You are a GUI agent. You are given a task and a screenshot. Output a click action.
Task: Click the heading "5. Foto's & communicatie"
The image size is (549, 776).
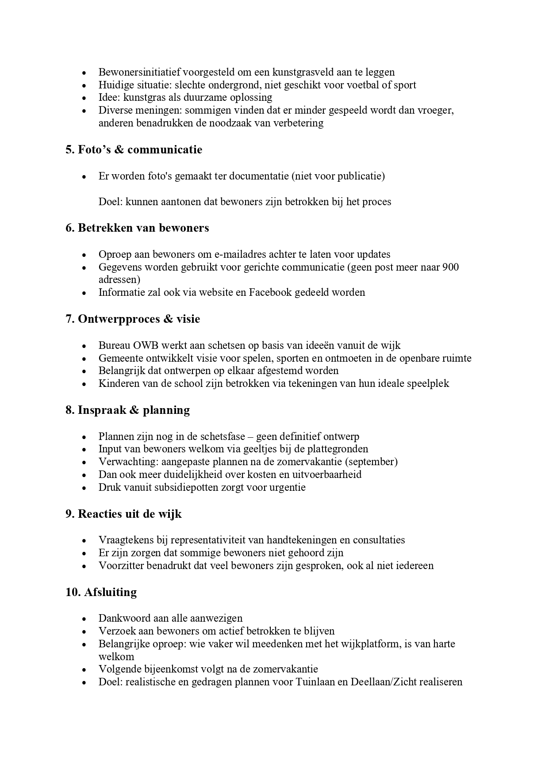pos(134,150)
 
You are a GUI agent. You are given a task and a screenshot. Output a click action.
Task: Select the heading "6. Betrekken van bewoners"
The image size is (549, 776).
pos(137,228)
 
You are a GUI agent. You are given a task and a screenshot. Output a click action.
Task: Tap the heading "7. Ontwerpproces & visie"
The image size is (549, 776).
pos(133,319)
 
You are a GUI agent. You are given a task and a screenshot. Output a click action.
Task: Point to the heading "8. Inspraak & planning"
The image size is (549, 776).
pos(127,410)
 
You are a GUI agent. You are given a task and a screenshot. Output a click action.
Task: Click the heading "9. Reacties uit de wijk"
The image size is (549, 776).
pos(123,514)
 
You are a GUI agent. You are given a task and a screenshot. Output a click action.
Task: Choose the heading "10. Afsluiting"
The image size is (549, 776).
pos(101,593)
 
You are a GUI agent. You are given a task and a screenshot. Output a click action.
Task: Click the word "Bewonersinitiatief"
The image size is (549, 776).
pos(139,72)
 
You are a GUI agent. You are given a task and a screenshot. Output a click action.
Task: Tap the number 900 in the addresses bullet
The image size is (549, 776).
pos(450,267)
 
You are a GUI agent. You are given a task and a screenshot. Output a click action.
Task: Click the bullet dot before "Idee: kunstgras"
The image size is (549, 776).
pos(84,98)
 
